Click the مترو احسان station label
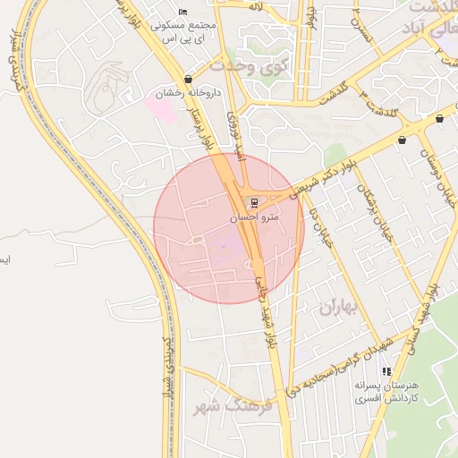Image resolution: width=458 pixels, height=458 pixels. point(256,216)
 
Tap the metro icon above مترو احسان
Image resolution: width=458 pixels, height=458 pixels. point(256,202)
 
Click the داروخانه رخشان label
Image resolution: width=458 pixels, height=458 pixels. point(182,93)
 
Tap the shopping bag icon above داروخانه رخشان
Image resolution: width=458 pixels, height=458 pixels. point(187,80)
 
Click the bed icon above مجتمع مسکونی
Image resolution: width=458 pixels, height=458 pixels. point(183,12)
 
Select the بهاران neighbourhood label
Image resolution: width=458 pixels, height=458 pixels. point(337,307)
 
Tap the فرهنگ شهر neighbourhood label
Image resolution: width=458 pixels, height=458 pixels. point(232,407)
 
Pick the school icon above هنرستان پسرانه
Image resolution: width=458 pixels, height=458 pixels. point(386,371)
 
